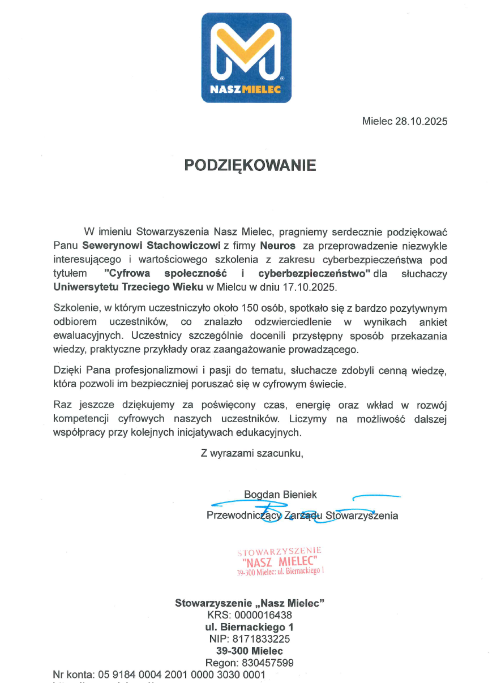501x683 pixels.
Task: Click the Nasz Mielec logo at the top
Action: coord(246,58)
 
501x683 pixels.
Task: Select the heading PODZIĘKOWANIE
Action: coord(250,165)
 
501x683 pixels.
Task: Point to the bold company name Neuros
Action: coord(277,246)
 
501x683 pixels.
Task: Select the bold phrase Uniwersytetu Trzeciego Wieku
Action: coord(128,287)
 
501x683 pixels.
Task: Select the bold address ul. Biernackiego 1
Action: coord(250,627)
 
